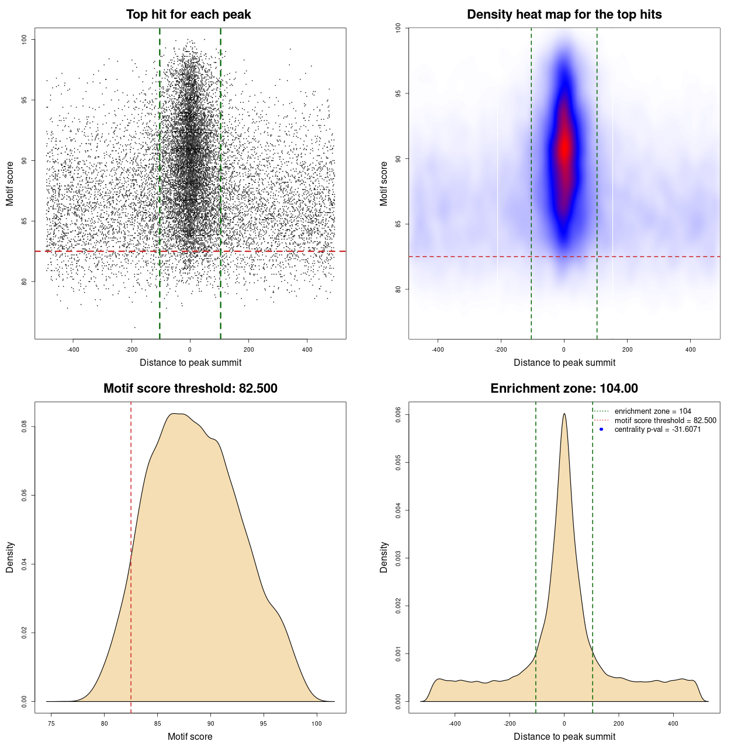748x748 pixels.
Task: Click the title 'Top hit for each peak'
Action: [188, 15]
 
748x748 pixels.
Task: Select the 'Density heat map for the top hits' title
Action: [564, 15]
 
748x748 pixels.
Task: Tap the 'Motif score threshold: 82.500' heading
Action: [190, 389]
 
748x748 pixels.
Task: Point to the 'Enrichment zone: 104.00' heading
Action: [564, 389]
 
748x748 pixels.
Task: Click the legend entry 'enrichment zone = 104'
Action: [652, 411]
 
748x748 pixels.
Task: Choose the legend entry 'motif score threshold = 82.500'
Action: [665, 420]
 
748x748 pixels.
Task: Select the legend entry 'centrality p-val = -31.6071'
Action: [657, 430]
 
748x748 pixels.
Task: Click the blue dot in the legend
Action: [601, 430]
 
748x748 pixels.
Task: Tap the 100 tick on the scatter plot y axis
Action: [24, 39]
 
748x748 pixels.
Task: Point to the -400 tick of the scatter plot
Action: [73, 349]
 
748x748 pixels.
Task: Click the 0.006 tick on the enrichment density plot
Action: [398, 415]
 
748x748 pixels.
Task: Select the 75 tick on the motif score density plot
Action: [51, 723]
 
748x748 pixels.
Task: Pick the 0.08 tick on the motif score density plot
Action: [24, 427]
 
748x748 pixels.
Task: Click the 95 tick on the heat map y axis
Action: [398, 93]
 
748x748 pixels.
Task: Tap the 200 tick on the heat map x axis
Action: [627, 349]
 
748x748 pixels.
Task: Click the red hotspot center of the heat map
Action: [564, 149]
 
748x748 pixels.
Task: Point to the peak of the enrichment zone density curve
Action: [564, 414]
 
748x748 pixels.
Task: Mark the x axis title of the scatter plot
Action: [191, 362]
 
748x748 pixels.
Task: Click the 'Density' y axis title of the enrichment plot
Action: [384, 557]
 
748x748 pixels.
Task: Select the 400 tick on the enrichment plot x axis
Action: [673, 723]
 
